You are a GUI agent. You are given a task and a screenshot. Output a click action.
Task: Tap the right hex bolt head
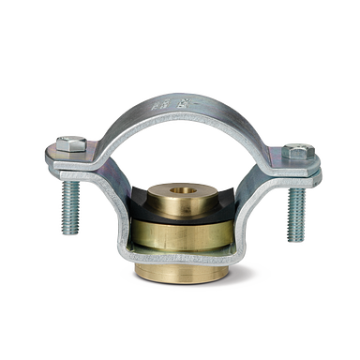pos(298,151)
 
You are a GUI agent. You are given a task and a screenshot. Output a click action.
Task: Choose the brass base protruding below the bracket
pos(184,276)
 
